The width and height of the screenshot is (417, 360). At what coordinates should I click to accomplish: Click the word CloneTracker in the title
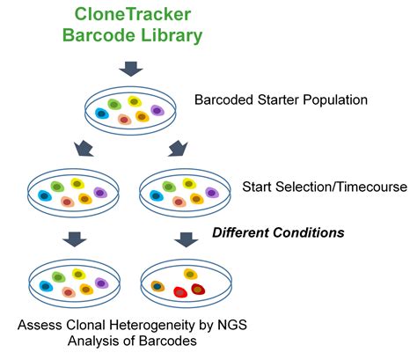pos(133,14)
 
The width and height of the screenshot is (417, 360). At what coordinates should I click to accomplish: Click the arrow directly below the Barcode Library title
pos(131,69)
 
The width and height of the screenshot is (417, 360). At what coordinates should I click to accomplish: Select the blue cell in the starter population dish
pos(102,114)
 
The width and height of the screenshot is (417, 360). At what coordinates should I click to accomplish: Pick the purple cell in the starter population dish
pos(157,110)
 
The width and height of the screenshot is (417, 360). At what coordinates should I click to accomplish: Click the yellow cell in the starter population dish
pos(135,101)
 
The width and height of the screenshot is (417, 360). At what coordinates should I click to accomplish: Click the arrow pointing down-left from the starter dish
pos(84,149)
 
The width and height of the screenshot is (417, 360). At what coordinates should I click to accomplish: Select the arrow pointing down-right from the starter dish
pos(178,149)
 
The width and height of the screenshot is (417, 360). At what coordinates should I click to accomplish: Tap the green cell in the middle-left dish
pos(57,187)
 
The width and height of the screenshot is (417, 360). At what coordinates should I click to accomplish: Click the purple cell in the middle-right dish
pos(212,193)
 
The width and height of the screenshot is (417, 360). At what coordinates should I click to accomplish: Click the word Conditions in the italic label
pos(309,232)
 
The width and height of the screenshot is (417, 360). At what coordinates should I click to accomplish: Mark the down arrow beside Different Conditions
pos(187,239)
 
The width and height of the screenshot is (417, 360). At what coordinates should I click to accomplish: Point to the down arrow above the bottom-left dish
pos(75,239)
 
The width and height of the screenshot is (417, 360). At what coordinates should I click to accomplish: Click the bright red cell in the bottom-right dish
pos(180,292)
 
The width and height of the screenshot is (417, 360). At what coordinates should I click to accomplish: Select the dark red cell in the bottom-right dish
pos(198,290)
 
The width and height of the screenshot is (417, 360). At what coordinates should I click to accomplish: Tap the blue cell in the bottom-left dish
pos(46,286)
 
